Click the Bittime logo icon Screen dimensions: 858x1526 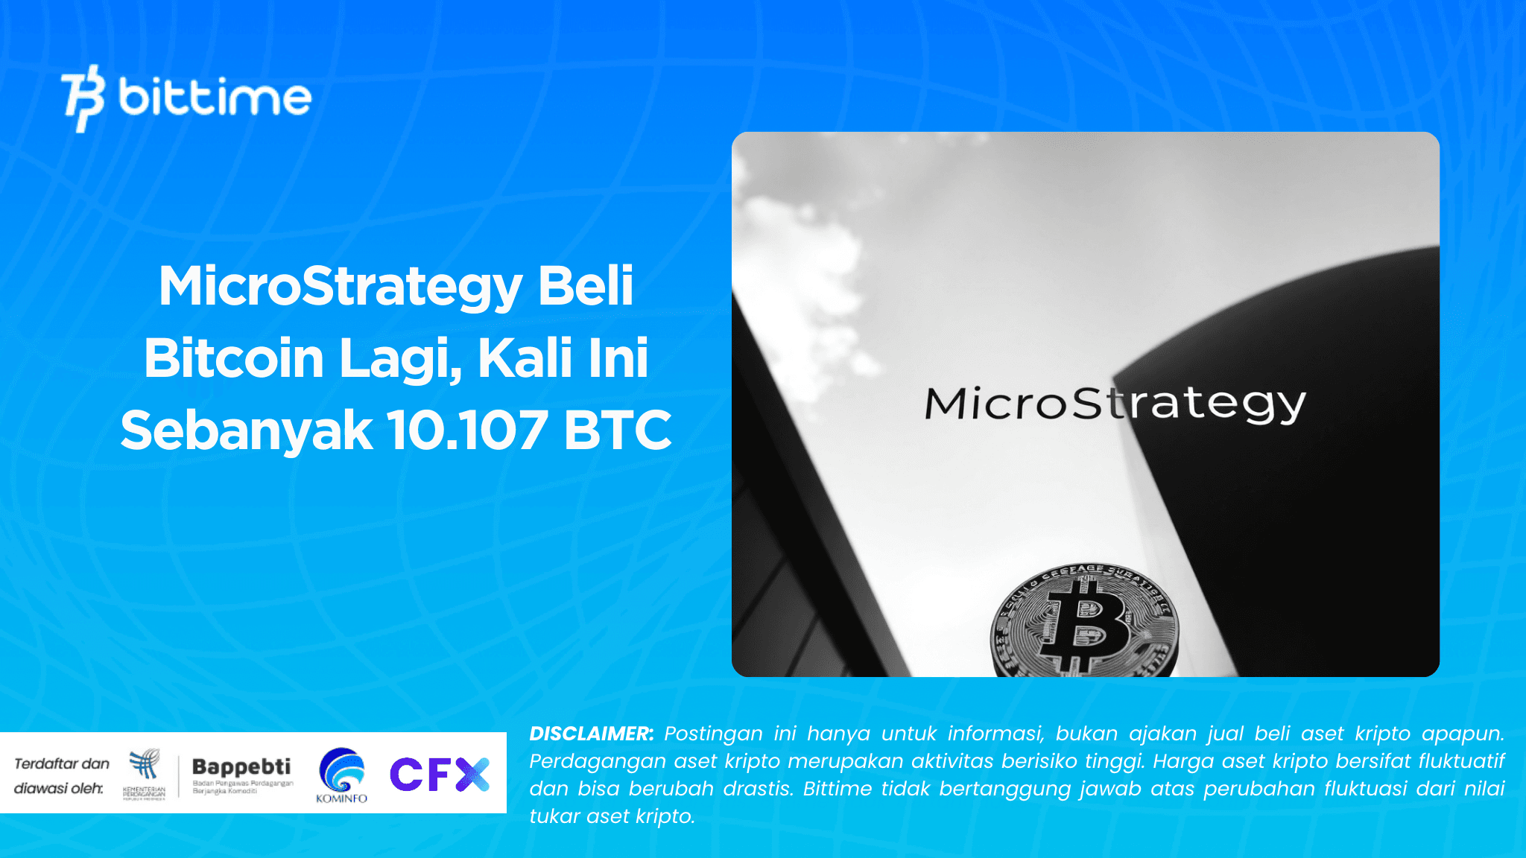(83, 98)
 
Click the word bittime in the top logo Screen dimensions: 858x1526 (215, 98)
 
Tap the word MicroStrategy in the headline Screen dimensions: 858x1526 (340, 287)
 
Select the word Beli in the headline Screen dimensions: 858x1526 (586, 287)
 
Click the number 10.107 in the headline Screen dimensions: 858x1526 (467, 430)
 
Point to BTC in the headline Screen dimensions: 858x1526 (618, 430)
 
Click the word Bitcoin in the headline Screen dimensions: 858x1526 (233, 358)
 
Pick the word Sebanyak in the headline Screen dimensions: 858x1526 (247, 431)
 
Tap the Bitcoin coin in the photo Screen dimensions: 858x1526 (1085, 622)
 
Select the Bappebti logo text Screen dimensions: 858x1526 (241, 767)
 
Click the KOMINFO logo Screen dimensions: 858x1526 (342, 775)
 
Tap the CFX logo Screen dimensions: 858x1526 (439, 774)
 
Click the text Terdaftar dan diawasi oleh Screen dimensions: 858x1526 (61, 775)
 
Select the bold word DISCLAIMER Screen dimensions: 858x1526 (591, 734)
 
